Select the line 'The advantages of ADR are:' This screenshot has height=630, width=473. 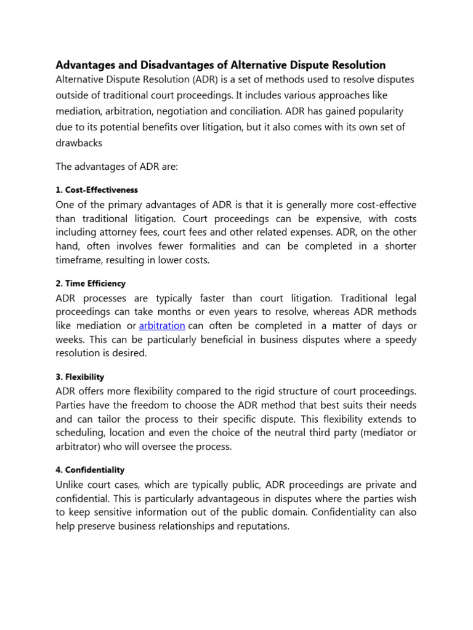coord(116,167)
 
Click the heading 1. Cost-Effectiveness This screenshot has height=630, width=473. coord(97,190)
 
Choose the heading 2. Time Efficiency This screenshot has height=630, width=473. coord(91,284)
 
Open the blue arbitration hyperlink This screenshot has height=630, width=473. coord(162,326)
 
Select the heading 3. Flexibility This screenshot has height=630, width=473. coord(80,377)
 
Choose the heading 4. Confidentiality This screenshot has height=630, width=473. coord(89,470)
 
